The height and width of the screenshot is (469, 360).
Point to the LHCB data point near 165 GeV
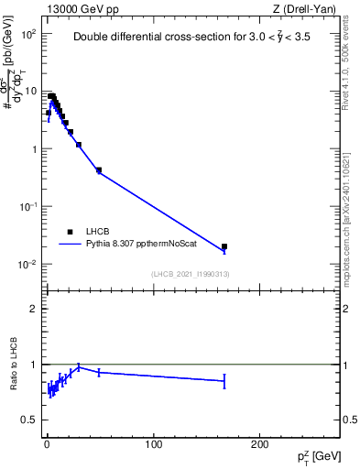(x=224, y=246)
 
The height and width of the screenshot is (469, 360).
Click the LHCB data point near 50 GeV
(x=99, y=169)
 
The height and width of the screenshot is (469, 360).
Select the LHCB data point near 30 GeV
(x=79, y=144)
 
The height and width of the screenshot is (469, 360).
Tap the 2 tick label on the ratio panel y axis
(x=33, y=309)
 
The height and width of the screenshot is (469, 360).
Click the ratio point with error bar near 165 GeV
(x=224, y=380)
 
